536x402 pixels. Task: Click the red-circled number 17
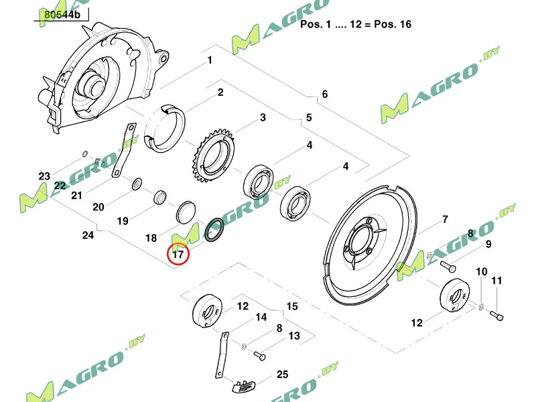coord(178,254)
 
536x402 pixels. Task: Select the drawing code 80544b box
coord(63,14)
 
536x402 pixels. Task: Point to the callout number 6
coord(324,94)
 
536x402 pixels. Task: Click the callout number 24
coord(87,235)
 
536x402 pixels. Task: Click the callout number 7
coord(444,220)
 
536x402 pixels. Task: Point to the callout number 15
coord(291,306)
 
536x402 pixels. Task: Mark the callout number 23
coord(44,176)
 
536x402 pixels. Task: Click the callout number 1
coord(210,60)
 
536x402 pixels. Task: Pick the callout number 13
coord(293,336)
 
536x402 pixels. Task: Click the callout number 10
coord(481,271)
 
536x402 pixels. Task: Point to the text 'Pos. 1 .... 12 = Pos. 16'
coord(356,24)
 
